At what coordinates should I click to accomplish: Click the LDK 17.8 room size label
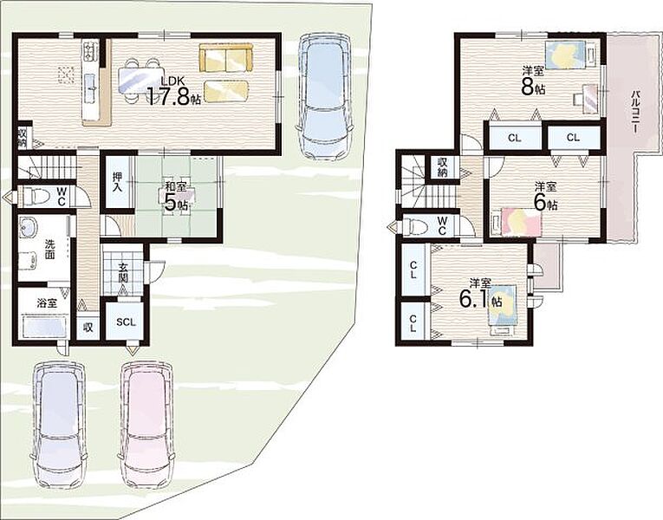point(173,92)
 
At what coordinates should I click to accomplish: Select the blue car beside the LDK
point(325,94)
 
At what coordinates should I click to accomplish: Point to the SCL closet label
point(126,322)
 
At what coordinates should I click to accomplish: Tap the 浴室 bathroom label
point(47,302)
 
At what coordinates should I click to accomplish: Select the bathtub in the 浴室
point(44,327)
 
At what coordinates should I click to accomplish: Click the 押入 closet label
point(117,182)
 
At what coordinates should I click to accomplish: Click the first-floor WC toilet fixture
point(35,197)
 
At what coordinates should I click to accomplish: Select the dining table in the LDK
point(140,80)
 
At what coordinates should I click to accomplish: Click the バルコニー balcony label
point(634,112)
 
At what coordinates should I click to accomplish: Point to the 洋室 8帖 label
point(533,80)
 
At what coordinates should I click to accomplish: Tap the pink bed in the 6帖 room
point(521,221)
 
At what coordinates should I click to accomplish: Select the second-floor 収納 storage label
point(443,166)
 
